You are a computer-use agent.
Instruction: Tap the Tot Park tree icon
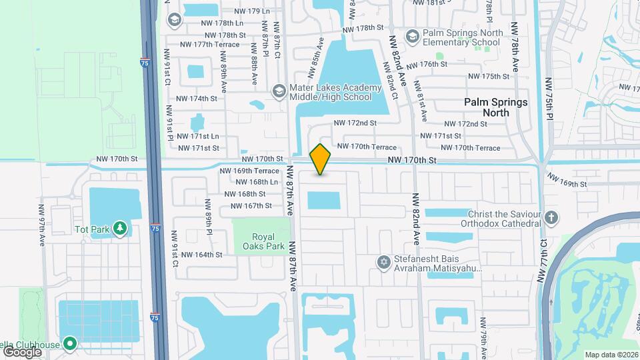[120, 229]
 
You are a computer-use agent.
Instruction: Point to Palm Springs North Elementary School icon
[413, 35]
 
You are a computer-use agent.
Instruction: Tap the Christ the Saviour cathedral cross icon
[551, 217]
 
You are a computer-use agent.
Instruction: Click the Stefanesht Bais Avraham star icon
[383, 262]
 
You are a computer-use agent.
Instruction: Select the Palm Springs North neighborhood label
[496, 107]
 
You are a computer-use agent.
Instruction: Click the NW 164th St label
[201, 255]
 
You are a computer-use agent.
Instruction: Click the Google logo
[22, 351]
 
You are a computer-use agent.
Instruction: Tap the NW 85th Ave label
[316, 57]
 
